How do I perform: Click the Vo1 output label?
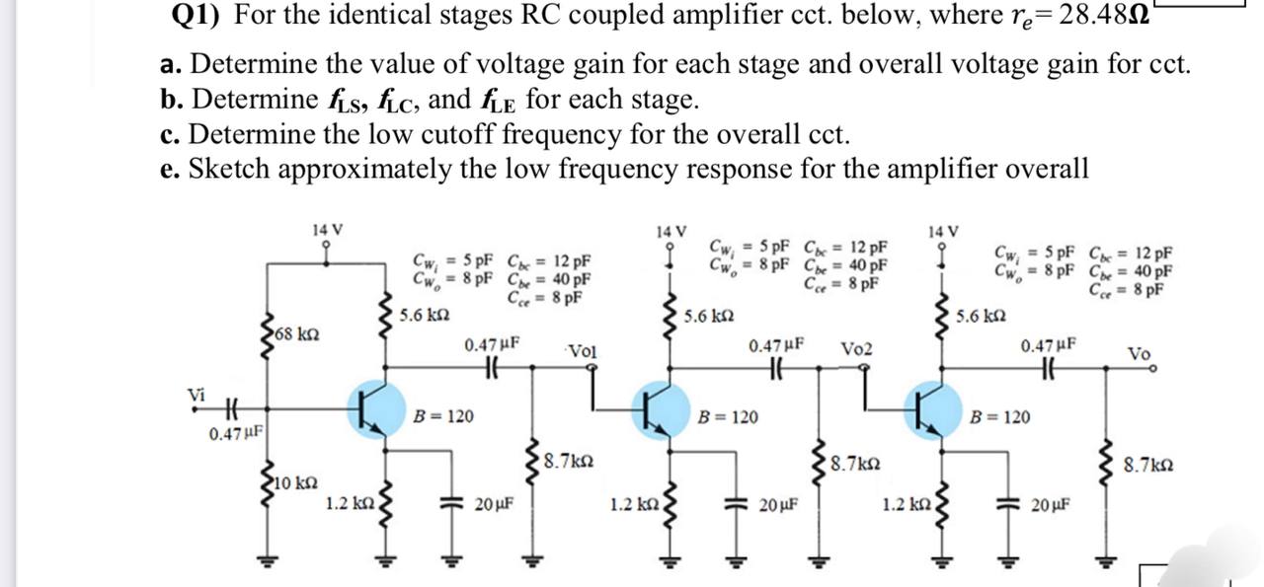coord(583,351)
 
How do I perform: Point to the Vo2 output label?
coord(856,351)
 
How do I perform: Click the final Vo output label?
coord(1139,353)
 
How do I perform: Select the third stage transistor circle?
coord(928,407)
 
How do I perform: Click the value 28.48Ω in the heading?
coord(1115,16)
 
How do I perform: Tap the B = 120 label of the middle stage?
coord(729,417)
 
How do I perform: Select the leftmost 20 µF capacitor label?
coord(492,504)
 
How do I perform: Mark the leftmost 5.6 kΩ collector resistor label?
coord(427,317)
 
